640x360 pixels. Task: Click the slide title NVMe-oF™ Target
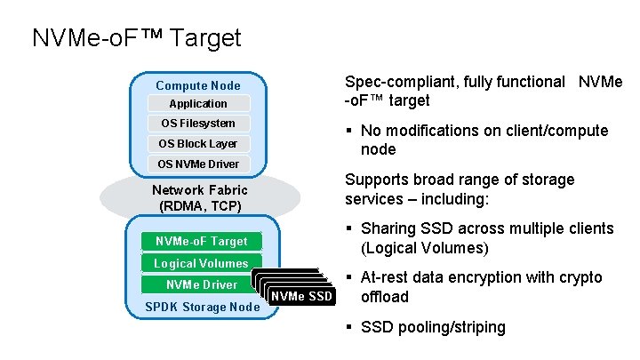point(136,38)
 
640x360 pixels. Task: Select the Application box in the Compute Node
point(197,104)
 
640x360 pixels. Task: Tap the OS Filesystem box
point(197,124)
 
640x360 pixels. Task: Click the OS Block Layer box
point(197,143)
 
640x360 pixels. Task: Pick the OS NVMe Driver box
point(197,164)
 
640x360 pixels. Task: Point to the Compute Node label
point(197,85)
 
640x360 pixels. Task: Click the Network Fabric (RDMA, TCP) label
point(199,197)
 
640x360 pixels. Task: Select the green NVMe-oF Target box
point(201,242)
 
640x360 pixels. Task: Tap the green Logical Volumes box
point(201,263)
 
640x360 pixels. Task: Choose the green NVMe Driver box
point(201,284)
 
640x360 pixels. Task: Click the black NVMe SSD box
point(301,296)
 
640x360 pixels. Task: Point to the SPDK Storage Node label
point(202,308)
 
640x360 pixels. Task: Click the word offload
point(384,297)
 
